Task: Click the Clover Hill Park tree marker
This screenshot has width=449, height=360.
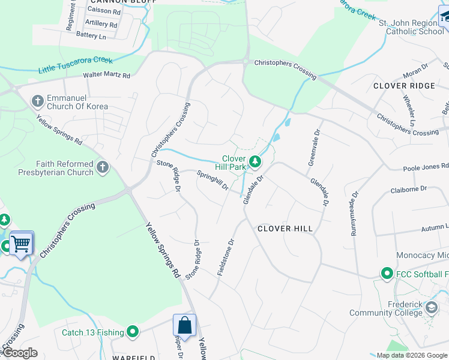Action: (255, 161)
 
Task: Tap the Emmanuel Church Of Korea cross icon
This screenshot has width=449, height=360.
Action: (38, 100)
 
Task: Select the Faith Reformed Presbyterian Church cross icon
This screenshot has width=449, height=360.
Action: (103, 166)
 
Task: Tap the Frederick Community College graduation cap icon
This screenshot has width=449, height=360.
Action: (431, 308)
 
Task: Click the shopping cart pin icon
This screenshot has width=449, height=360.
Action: (21, 244)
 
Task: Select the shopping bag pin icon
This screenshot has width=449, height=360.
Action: (185, 326)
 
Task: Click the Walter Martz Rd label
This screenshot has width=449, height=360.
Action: (106, 76)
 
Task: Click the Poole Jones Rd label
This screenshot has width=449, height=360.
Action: (425, 167)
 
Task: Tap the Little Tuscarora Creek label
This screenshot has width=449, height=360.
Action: (76, 65)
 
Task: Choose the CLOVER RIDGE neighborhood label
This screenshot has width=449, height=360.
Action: (403, 86)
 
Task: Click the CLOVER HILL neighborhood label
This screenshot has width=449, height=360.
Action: (285, 229)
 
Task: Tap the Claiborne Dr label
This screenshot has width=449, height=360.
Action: (408, 188)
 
